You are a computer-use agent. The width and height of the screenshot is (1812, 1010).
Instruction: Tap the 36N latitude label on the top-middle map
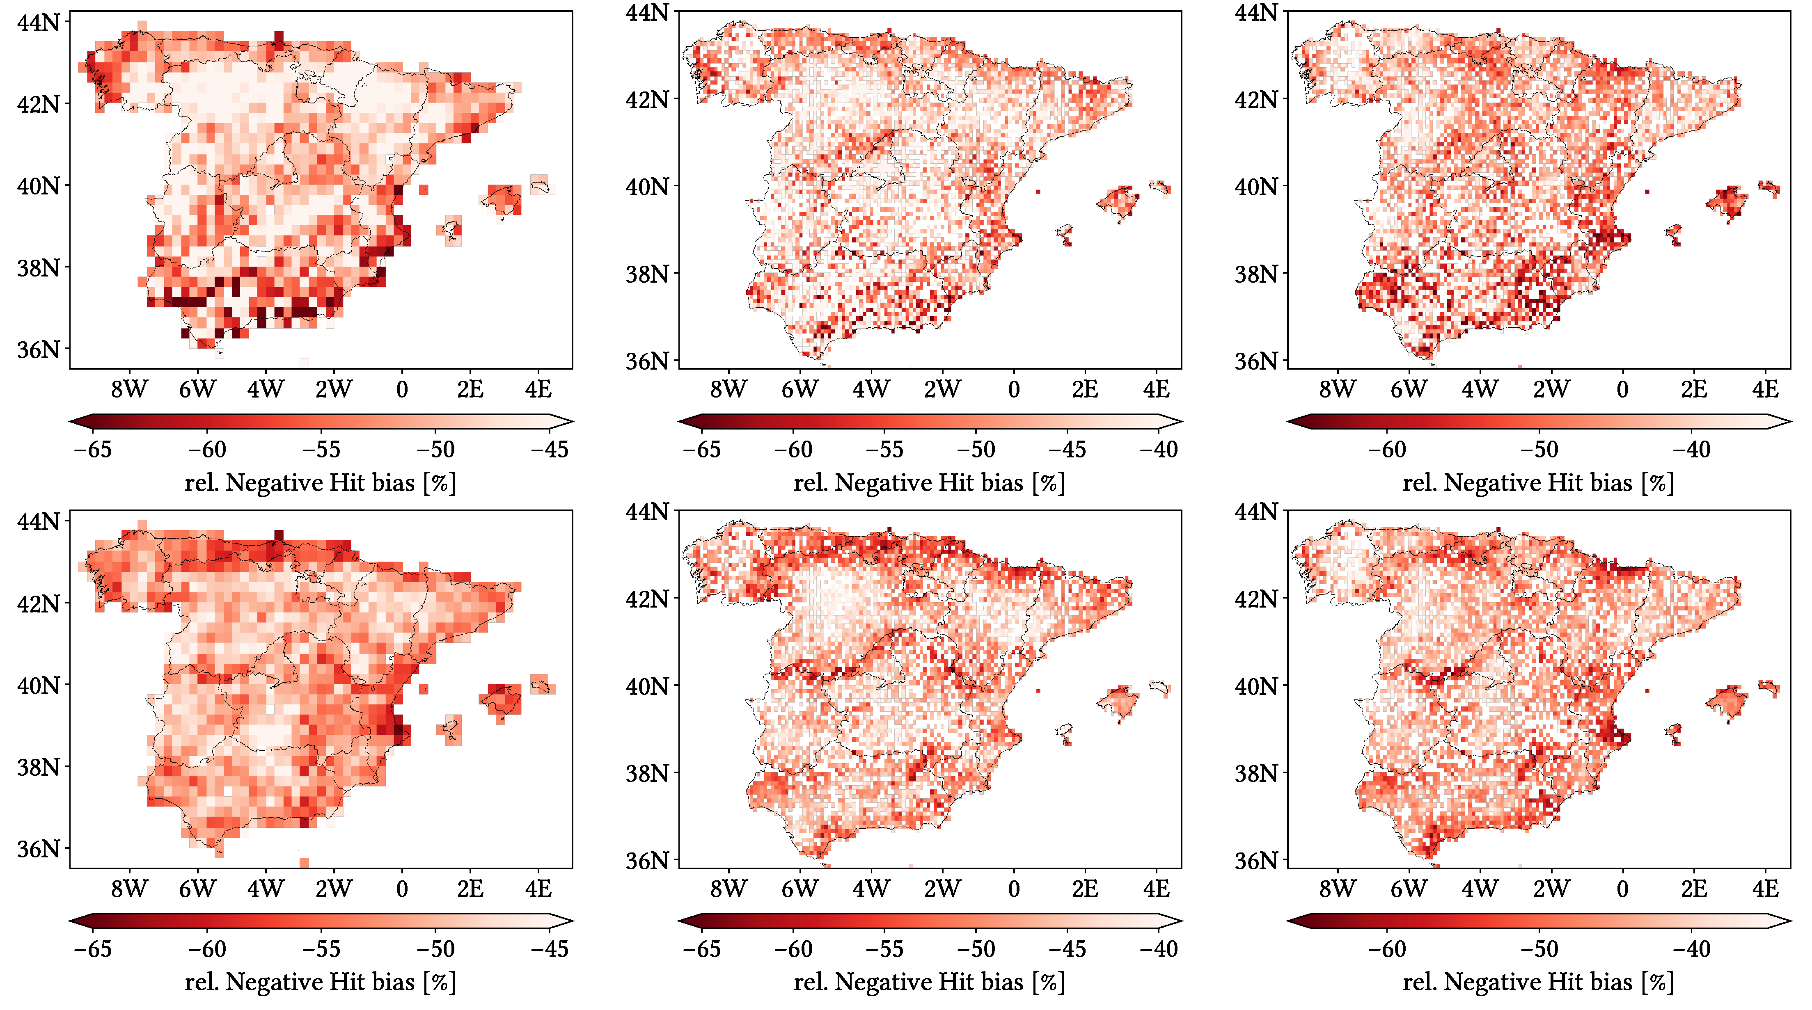647,361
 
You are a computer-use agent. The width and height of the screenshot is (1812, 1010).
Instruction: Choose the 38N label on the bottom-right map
1256,773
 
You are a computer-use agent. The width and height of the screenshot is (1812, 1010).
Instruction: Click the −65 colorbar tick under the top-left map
92,450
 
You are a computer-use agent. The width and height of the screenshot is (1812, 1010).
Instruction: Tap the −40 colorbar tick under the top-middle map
1159,450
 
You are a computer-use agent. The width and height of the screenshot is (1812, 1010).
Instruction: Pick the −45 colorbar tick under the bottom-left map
550,949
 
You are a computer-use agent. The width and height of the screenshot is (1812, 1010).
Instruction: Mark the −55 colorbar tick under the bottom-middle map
884,949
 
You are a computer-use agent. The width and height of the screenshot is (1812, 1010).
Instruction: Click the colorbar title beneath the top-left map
320,483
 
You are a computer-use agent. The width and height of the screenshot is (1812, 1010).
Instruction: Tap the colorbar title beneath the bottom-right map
1538,982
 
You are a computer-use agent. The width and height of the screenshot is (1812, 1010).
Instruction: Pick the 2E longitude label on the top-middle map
1085,389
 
